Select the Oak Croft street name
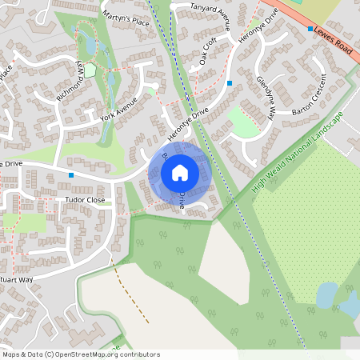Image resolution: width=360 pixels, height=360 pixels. click(x=208, y=50)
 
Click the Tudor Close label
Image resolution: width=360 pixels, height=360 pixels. click(x=82, y=200)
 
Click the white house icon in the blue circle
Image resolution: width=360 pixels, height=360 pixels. click(x=180, y=172)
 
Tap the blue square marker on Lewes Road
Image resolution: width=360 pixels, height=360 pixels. click(x=310, y=29)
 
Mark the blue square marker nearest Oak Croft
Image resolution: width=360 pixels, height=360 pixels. click(x=230, y=82)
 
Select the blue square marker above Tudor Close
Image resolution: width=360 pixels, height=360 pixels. click(x=71, y=174)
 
